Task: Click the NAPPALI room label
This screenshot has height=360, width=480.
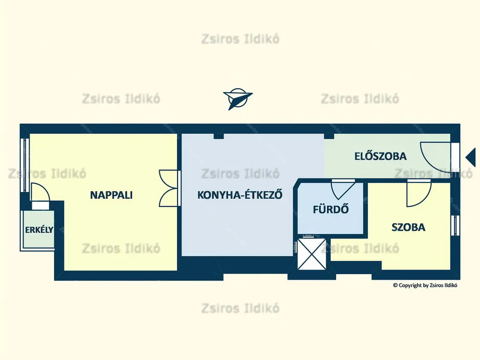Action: [x=111, y=195]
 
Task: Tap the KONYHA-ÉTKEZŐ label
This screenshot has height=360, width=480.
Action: [x=240, y=195]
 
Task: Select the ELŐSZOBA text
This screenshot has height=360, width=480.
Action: [x=381, y=156]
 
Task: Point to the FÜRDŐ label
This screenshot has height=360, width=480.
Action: [x=331, y=209]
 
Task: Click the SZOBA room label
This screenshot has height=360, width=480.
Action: [x=409, y=227]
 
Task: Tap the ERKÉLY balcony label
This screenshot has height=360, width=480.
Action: [x=39, y=229]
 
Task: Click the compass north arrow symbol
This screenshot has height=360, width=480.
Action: [x=238, y=99]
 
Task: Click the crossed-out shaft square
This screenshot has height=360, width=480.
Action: [x=312, y=254]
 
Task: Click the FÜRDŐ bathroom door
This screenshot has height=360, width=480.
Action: [x=342, y=190]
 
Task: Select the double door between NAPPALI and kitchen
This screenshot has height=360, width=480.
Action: [x=169, y=188]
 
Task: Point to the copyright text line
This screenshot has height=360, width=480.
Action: [x=425, y=285]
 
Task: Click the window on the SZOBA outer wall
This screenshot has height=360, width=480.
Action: [x=455, y=225]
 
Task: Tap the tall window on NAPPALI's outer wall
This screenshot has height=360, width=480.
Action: [x=25, y=165]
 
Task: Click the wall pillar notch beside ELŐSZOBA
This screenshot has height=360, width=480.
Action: [x=329, y=136]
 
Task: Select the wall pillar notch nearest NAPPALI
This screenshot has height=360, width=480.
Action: [x=219, y=136]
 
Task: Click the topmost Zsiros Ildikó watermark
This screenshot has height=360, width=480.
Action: [x=240, y=39]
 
